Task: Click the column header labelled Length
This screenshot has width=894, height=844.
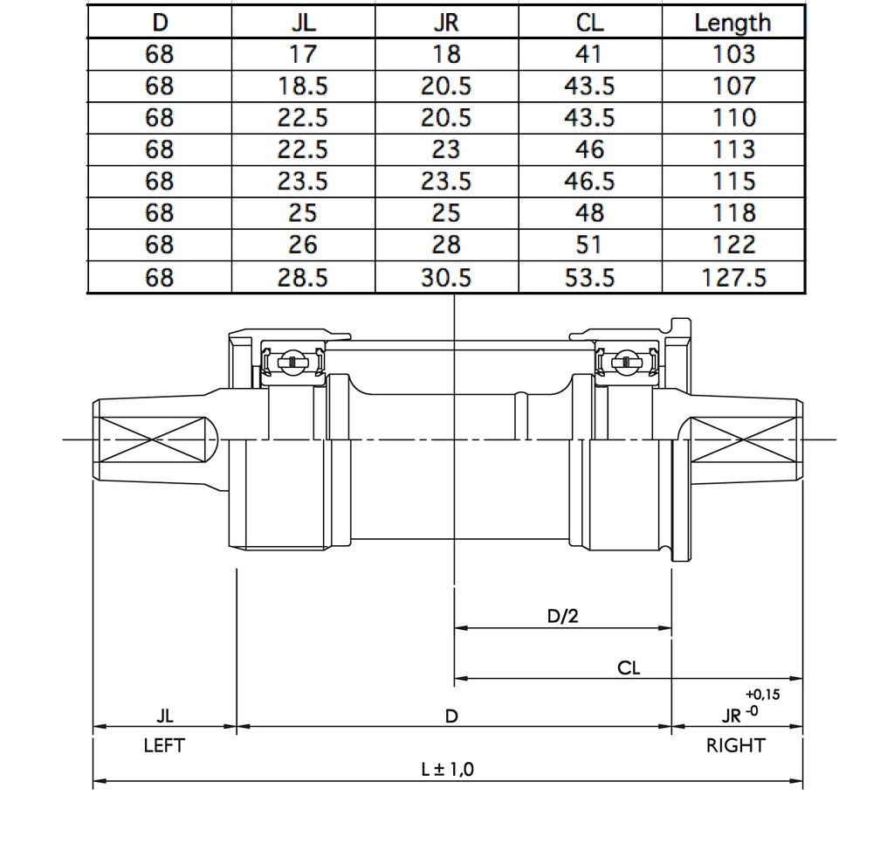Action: pyautogui.click(x=732, y=22)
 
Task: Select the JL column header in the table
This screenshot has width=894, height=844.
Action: pyautogui.click(x=303, y=22)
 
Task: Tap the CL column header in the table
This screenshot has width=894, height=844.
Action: pyautogui.click(x=590, y=22)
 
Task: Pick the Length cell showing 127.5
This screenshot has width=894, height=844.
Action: pyautogui.click(x=732, y=278)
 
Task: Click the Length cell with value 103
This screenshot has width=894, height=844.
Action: pyautogui.click(x=732, y=54)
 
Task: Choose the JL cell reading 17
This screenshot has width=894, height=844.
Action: pyautogui.click(x=303, y=54)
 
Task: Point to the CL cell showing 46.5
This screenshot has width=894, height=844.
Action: pyautogui.click(x=590, y=182)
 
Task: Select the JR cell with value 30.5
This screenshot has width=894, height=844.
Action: pyautogui.click(x=446, y=278)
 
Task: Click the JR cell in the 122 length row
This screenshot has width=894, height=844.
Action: pyautogui.click(x=446, y=246)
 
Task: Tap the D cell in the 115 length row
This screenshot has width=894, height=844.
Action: pyautogui.click(x=160, y=182)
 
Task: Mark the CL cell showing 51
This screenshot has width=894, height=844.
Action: pyautogui.click(x=590, y=246)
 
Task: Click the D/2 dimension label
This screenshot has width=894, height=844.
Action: pyautogui.click(x=563, y=616)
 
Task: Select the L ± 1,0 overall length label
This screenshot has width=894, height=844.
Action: pyautogui.click(x=447, y=769)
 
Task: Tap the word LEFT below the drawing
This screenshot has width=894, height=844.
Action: pyautogui.click(x=164, y=746)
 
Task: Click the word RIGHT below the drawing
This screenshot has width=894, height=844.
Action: pyautogui.click(x=735, y=746)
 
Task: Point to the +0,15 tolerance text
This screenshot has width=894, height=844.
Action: pyautogui.click(x=762, y=695)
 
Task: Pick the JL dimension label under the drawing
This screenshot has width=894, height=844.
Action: pyautogui.click(x=164, y=716)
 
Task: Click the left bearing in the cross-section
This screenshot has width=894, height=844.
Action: pyautogui.click(x=292, y=362)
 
